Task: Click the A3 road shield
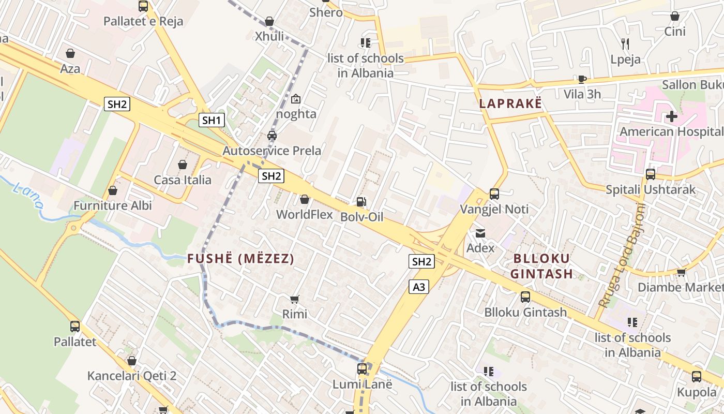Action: click(419, 287)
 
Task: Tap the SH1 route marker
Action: click(212, 121)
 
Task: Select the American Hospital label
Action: click(671, 131)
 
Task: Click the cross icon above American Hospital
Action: click(671, 116)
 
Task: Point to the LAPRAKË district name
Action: click(510, 103)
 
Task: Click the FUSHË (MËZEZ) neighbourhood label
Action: click(240, 259)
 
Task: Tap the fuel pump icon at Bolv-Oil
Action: click(361, 202)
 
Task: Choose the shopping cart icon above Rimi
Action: click(295, 299)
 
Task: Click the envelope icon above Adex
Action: click(480, 233)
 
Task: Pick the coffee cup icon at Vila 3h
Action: click(582, 79)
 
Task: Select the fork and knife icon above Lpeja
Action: click(625, 44)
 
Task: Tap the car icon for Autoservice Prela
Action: click(271, 136)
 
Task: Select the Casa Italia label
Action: click(183, 180)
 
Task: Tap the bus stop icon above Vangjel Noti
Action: click(494, 194)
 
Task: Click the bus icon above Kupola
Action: click(697, 376)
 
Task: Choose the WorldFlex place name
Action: click(305, 214)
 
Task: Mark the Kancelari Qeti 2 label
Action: click(132, 376)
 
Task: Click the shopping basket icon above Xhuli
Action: click(269, 21)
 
